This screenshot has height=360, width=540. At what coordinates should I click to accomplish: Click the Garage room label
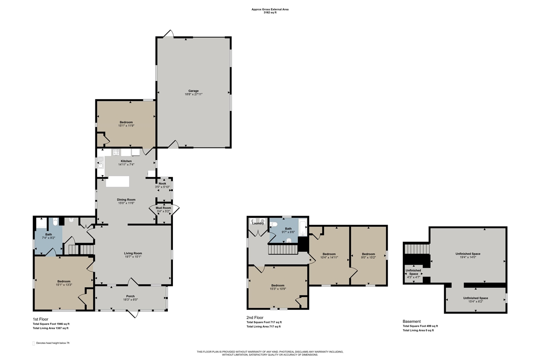193,91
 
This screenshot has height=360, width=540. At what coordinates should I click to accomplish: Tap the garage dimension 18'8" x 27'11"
193,94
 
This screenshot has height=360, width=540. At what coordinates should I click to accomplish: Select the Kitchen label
126,161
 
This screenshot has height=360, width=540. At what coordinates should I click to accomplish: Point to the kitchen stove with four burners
116,152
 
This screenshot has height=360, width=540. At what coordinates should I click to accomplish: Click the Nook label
162,184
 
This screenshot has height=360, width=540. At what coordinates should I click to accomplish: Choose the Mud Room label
163,208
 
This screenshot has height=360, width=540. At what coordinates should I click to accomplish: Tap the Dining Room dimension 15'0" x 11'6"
126,203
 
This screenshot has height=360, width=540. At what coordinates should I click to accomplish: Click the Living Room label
133,253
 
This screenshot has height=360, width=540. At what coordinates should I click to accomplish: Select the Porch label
130,296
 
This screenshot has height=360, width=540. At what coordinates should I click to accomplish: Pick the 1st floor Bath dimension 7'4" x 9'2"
49,238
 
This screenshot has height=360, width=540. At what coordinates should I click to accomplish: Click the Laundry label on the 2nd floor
258,223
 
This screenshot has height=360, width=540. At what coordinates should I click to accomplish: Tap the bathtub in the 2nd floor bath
303,227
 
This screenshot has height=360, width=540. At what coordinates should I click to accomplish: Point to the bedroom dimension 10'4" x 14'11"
329,257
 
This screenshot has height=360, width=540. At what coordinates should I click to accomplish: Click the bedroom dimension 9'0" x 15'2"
368,257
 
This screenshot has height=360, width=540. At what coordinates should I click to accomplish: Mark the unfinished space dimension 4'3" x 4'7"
414,277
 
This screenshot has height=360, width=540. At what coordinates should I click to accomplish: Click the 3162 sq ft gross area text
270,13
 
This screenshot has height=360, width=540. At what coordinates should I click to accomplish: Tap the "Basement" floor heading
411,321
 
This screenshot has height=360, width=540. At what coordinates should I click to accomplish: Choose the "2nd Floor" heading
255,317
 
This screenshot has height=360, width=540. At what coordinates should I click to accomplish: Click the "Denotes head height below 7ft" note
53,343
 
